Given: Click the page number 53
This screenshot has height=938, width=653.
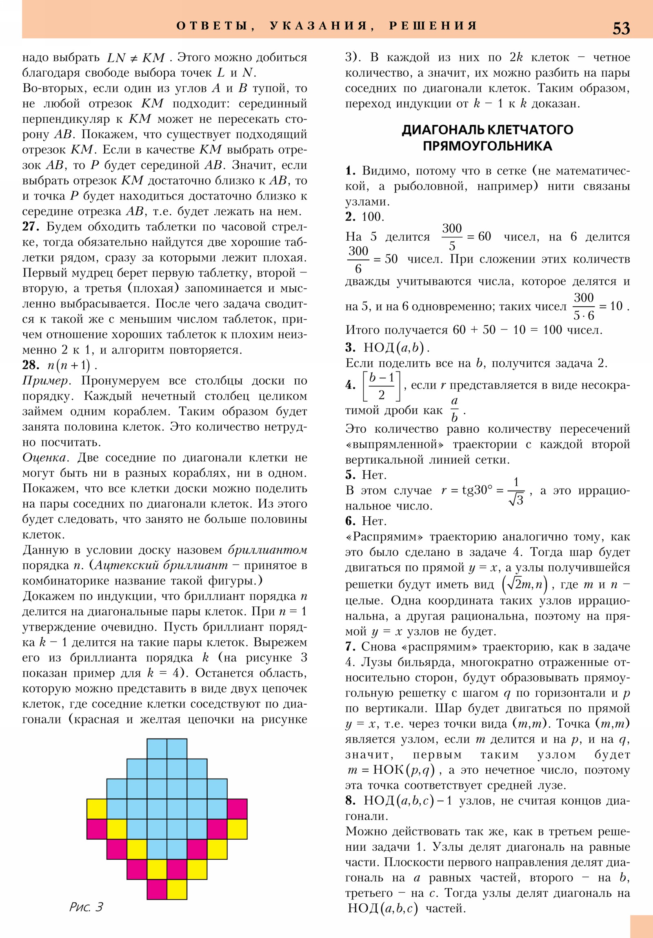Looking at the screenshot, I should pyautogui.click(x=621, y=28).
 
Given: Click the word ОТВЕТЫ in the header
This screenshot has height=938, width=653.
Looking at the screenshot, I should pyautogui.click(x=212, y=26).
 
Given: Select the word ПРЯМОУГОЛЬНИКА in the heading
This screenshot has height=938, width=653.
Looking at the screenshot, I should pyautogui.click(x=487, y=146).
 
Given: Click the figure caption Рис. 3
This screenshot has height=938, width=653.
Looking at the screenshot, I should pyautogui.click(x=86, y=907).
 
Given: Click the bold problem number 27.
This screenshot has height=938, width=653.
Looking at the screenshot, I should pyautogui.click(x=31, y=227).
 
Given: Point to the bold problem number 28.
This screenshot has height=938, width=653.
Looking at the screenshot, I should pyautogui.click(x=31, y=365).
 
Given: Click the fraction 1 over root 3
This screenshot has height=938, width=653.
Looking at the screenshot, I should pyautogui.click(x=516, y=491).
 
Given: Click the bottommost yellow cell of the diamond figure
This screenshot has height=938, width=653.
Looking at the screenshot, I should pyautogui.click(x=177, y=889).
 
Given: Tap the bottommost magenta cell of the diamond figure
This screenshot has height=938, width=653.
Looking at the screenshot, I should pyautogui.click(x=157, y=889).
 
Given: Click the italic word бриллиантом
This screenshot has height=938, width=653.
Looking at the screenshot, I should pyautogui.click(x=267, y=550).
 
